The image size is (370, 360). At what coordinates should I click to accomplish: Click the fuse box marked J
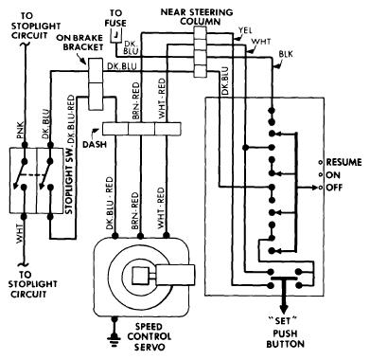point(116,35)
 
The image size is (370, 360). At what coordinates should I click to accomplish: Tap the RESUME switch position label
point(344,162)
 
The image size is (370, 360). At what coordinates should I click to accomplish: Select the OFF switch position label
point(334,188)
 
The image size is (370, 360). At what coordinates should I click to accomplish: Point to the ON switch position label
point(333,175)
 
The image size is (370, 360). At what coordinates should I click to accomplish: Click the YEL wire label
point(245,30)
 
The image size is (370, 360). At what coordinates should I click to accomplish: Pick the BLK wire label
point(286,54)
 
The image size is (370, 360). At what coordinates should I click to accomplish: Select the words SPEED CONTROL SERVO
point(150,337)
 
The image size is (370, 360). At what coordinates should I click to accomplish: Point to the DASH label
point(95,144)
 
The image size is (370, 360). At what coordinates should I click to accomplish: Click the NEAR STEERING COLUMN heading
point(197,17)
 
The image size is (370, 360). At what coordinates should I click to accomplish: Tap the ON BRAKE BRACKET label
point(79,43)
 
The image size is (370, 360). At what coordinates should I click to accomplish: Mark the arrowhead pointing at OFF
point(315,188)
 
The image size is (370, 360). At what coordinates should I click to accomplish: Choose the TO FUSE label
point(115,18)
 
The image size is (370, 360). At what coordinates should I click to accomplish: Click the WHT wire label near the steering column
point(261,42)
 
